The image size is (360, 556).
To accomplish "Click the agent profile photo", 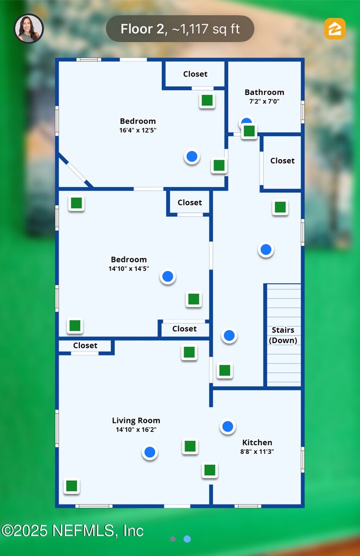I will [x=29, y=29].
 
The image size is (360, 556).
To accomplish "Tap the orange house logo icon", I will [x=334, y=29].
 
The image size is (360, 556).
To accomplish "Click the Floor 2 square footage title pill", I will [x=180, y=29].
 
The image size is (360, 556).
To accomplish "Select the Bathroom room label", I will [x=264, y=92].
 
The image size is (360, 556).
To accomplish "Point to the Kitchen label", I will [x=257, y=443].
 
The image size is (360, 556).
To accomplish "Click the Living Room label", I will [x=136, y=420].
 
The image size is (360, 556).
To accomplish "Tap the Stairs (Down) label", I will [x=283, y=335].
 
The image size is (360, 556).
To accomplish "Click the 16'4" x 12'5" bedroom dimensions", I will [x=138, y=130].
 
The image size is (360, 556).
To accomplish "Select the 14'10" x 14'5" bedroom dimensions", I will [x=129, y=268].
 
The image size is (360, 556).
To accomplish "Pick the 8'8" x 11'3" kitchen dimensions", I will [x=257, y=451].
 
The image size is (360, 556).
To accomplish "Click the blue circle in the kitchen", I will [x=228, y=427].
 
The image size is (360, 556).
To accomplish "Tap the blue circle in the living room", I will [x=149, y=452].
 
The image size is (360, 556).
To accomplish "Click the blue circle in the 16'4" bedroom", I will [x=192, y=157].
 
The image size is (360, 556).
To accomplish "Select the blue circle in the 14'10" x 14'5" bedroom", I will [x=168, y=276].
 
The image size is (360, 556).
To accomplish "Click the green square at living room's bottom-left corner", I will [x=72, y=486].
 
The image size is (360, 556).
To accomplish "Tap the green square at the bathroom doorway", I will [x=249, y=131].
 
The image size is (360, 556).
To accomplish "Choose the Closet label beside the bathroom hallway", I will [x=282, y=161].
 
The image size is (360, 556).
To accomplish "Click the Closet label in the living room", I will [x=85, y=345].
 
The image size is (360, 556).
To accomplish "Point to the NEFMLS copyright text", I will [x=72, y=530].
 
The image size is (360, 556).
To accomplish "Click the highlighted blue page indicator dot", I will [x=187, y=539].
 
